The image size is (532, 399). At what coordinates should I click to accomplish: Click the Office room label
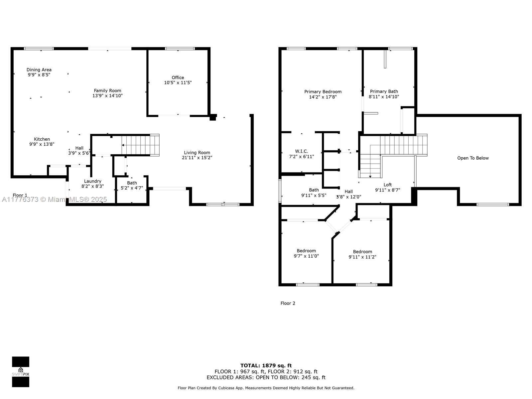(178, 77)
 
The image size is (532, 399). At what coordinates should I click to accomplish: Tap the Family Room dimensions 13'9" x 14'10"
(107, 96)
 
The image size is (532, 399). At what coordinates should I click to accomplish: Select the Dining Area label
(39, 70)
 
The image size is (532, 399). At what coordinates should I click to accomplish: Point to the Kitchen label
(42, 139)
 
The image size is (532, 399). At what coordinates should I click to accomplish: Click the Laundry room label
(92, 181)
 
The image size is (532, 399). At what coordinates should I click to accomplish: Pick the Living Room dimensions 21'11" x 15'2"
(197, 158)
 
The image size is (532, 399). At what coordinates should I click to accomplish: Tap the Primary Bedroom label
(323, 92)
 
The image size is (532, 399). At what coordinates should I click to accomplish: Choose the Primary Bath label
(384, 91)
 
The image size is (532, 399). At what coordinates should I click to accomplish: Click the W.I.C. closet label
(302, 151)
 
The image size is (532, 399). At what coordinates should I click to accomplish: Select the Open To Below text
(473, 158)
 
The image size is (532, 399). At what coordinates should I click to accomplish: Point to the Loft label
(388, 185)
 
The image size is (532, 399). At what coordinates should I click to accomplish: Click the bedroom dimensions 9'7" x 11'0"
(306, 256)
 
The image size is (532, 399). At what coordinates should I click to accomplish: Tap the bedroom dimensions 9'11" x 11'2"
(362, 257)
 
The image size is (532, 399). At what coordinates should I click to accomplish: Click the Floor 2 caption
(288, 303)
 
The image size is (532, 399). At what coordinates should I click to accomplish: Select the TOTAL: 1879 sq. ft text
(266, 365)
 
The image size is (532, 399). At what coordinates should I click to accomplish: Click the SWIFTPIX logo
(21, 372)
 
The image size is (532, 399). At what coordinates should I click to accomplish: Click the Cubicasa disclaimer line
(266, 388)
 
